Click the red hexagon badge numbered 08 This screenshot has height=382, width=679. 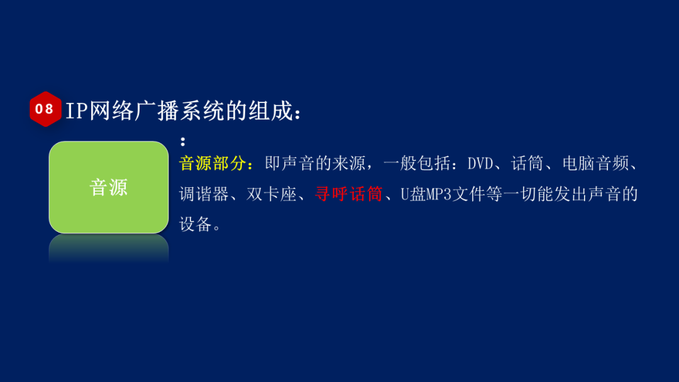point(45,109)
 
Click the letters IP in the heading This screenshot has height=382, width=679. point(77,111)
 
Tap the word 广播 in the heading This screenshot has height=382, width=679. point(152,111)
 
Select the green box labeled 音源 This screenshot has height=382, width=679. point(109,187)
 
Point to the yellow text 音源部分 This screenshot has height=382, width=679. point(213,164)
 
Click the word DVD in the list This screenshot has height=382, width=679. point(481,164)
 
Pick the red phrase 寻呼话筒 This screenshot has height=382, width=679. point(348,194)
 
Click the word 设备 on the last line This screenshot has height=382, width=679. point(196,224)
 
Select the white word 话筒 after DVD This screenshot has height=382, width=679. point(527,164)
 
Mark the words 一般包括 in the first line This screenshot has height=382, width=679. point(416,164)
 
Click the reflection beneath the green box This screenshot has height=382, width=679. point(109,248)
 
